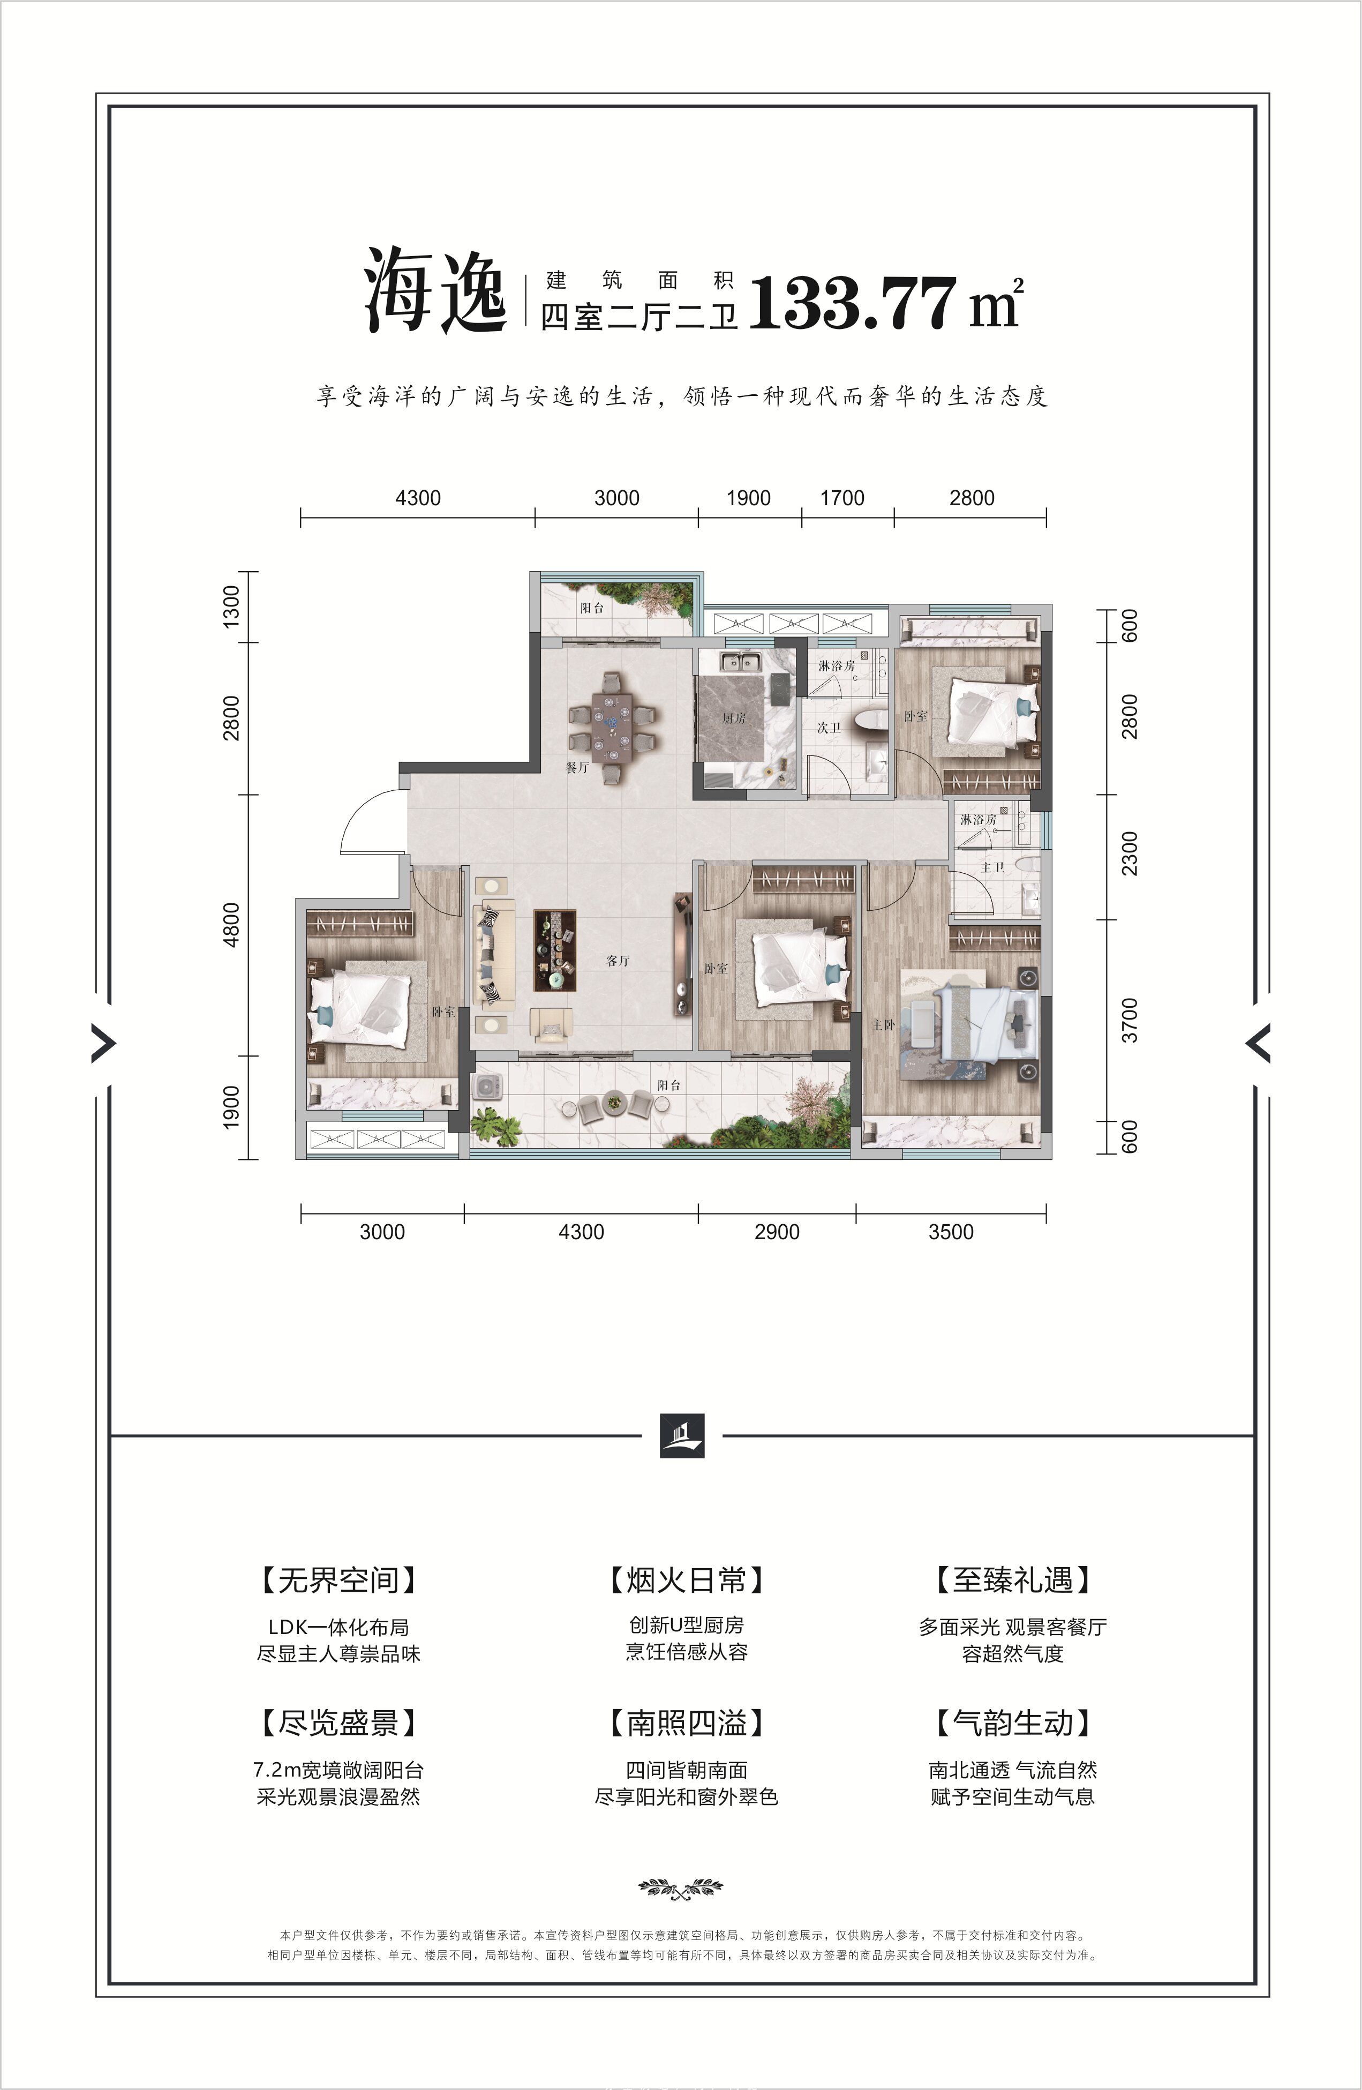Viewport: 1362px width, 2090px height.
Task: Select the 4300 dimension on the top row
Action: tap(418, 498)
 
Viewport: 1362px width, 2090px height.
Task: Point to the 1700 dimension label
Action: tap(842, 498)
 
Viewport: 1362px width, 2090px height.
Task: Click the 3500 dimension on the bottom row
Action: tap(951, 1232)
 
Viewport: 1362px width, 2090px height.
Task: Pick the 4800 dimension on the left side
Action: tap(231, 925)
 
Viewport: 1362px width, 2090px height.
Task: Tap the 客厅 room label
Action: tap(618, 961)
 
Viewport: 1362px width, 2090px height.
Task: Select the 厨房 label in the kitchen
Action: tap(734, 717)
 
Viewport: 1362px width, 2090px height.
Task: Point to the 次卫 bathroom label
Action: tap(829, 728)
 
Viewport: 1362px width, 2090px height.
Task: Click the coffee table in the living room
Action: tap(555, 950)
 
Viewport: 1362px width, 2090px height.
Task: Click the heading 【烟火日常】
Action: tap(686, 1580)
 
